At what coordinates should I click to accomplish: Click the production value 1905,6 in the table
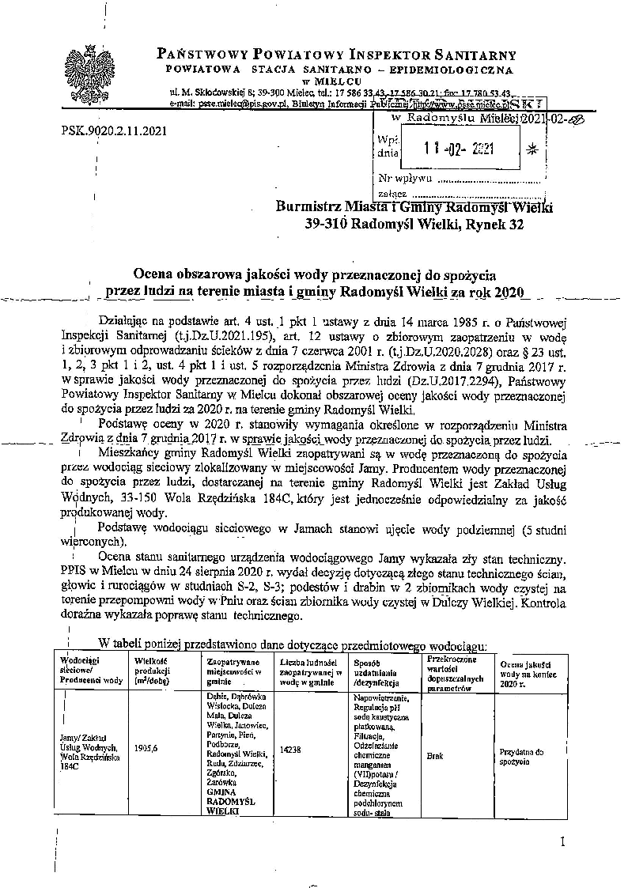click(147, 746)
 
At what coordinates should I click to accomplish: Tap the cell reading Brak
click(434, 755)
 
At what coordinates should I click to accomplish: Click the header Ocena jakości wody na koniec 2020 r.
click(525, 672)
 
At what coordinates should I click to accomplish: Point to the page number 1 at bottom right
click(562, 841)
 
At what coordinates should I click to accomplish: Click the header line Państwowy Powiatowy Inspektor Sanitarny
click(336, 55)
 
